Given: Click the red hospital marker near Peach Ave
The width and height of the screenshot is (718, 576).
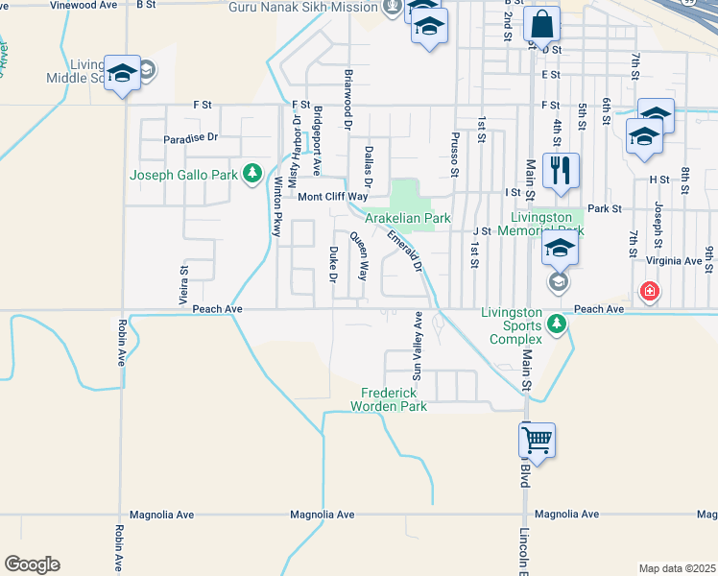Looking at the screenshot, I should coord(650,290).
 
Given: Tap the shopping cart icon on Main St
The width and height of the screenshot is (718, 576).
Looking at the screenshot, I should coord(537,441).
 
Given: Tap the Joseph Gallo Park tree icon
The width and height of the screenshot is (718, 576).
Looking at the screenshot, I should coord(251,174).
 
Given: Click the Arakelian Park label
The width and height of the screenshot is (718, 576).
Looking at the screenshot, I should coord(408,218).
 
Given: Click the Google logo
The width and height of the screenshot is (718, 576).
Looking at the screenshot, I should coord(32,564).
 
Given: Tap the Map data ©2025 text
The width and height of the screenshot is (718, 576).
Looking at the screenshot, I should coord(677,568).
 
